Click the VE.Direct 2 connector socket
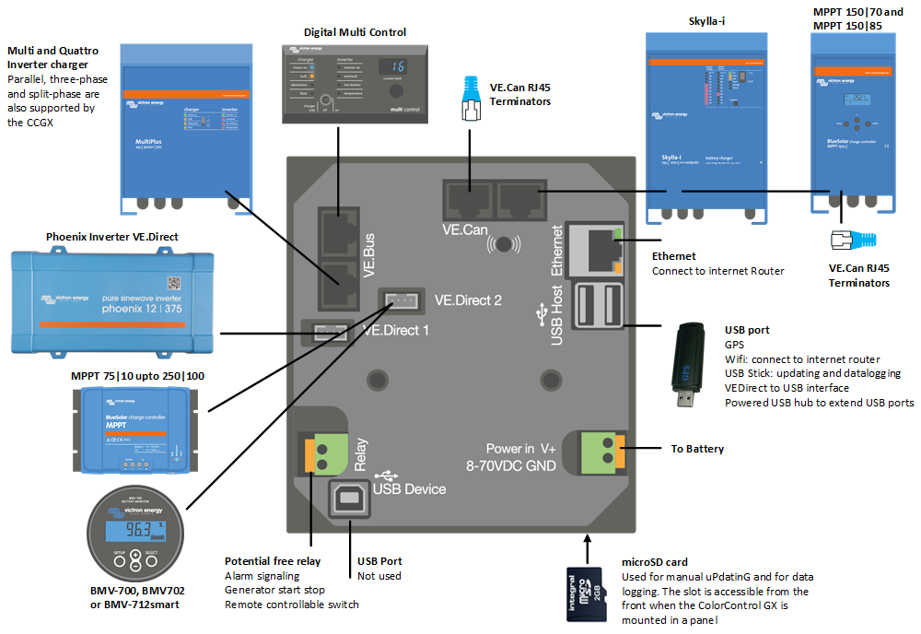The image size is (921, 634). click(402, 300)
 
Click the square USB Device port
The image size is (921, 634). click(351, 499)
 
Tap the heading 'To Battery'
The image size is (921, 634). click(697, 449)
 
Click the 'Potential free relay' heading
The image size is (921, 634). click(274, 561)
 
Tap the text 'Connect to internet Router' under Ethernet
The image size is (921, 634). click(718, 271)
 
